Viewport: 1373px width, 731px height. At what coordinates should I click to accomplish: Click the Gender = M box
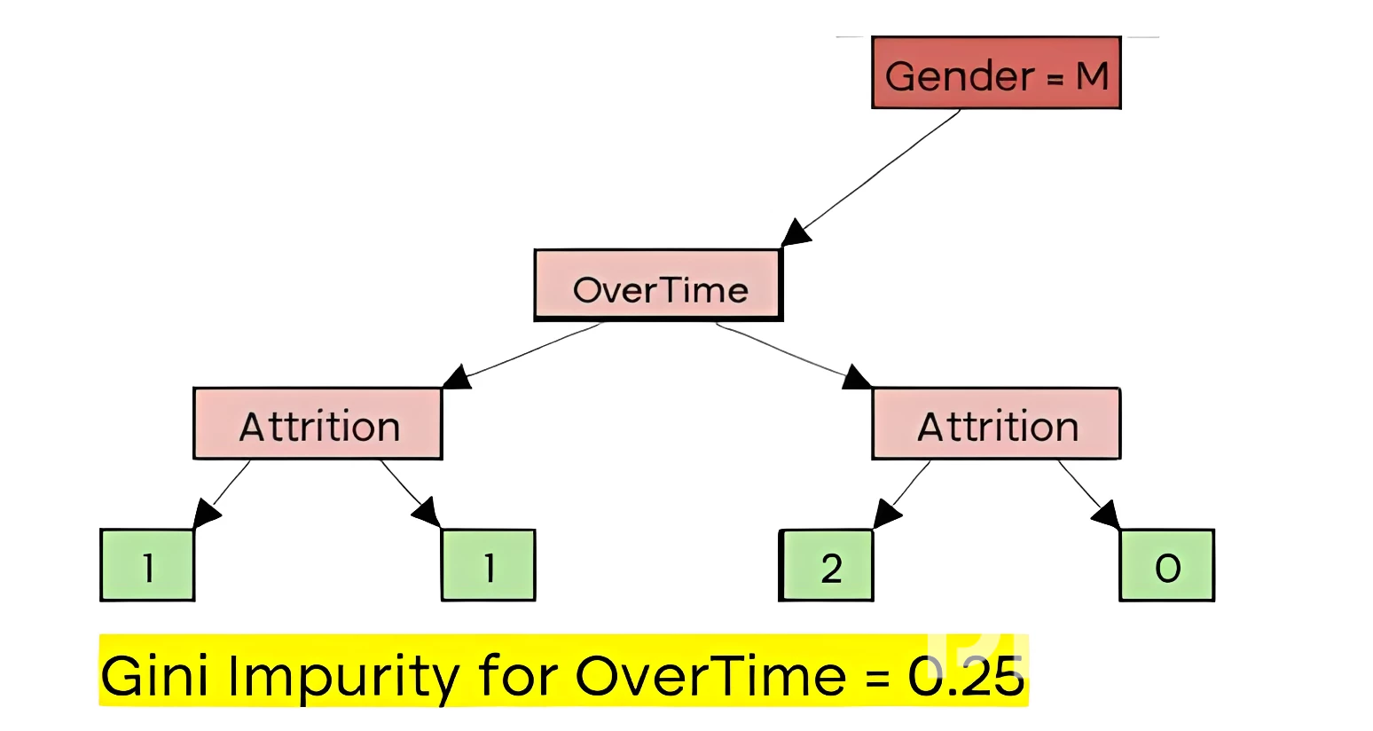tap(996, 73)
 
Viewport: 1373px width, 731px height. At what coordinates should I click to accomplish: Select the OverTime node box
tap(658, 285)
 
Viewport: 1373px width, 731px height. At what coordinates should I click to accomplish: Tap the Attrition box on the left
tap(318, 423)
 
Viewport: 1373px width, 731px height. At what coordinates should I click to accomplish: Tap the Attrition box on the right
tap(996, 423)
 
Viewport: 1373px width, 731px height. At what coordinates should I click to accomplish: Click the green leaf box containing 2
tap(826, 565)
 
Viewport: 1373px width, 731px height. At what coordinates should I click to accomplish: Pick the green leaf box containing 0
tap(1167, 565)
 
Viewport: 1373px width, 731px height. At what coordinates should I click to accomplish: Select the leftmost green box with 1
tap(147, 565)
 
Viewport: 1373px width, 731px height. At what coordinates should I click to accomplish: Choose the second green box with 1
tap(488, 565)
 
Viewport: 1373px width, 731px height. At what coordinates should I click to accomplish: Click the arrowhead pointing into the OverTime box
tap(796, 232)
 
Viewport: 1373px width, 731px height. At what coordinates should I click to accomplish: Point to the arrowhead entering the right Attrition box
tap(857, 377)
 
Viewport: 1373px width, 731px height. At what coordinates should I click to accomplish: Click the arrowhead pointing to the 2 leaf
tap(886, 514)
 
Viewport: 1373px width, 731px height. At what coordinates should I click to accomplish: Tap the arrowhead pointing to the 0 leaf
tap(1107, 514)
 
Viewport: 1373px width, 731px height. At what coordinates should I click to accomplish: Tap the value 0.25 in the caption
tap(966, 676)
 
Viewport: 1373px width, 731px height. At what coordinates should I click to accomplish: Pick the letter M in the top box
tap(1092, 76)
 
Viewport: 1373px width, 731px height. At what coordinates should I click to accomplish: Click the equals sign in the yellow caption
tap(877, 678)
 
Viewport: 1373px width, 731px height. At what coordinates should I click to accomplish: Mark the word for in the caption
tap(518, 674)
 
